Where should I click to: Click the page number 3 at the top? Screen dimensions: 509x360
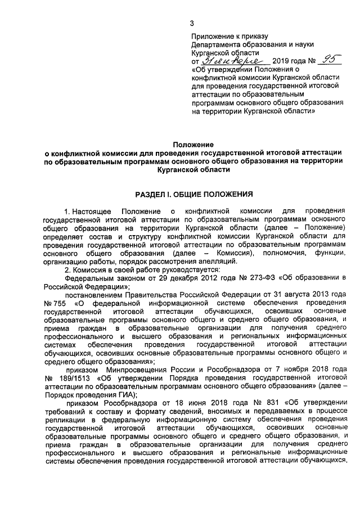click(x=192, y=23)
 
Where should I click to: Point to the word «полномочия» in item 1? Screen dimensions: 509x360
click(x=273, y=251)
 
